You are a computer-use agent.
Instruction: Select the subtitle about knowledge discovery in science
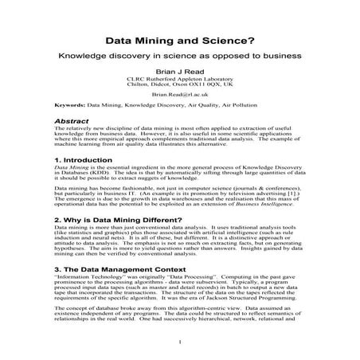coord(180,59)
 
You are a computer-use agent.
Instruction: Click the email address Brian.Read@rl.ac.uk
coord(180,93)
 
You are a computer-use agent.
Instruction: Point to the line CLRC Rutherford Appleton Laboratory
coord(180,80)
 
